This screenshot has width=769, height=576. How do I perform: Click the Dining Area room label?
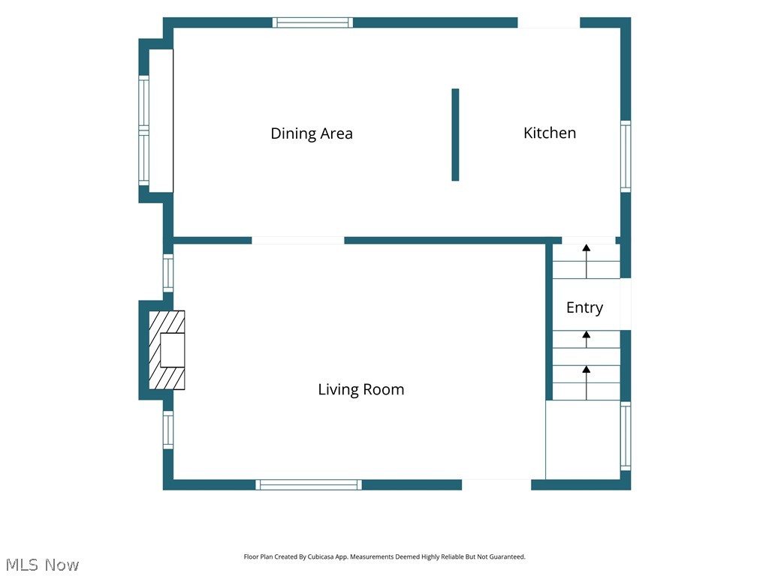[312, 133]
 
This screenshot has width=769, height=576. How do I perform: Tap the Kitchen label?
[549, 133]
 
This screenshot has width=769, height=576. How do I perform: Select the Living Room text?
[361, 389]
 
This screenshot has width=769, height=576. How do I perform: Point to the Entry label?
[584, 307]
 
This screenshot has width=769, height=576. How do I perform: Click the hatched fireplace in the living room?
[167, 350]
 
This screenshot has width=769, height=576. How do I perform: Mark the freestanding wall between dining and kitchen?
[455, 135]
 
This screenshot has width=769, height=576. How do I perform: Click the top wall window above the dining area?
[313, 22]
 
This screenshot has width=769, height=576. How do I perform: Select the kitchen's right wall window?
[626, 157]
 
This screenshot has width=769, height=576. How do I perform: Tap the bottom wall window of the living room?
[309, 485]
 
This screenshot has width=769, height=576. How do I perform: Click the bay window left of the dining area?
[143, 130]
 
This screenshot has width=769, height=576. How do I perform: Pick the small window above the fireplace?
[168, 273]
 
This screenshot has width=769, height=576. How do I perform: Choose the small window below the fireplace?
[168, 430]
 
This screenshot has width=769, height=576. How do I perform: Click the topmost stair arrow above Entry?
[587, 262]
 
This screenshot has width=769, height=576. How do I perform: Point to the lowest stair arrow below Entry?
[587, 382]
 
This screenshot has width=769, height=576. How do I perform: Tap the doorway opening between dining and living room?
[298, 241]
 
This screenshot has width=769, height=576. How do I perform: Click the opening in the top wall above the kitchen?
[549, 23]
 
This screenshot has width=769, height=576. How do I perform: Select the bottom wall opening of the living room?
[496, 484]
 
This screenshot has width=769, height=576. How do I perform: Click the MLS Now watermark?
[43, 565]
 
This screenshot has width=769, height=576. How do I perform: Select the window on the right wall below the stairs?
[626, 436]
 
